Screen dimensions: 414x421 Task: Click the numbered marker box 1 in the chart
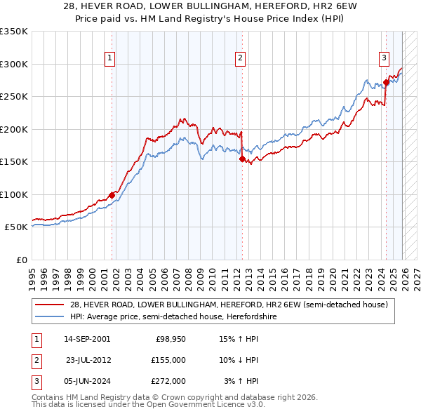point(111,59)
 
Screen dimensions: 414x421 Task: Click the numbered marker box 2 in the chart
point(241,59)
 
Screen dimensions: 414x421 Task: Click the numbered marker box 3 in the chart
point(385,59)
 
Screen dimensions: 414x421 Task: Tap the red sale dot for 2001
point(112,195)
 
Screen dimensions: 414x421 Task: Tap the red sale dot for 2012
point(242,159)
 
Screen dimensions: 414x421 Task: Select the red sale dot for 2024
point(386,83)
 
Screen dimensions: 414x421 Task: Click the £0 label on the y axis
point(22,260)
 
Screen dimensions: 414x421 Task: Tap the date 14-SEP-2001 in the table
point(86,339)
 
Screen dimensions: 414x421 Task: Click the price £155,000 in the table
point(168,360)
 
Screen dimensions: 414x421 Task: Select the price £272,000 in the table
point(168,381)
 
